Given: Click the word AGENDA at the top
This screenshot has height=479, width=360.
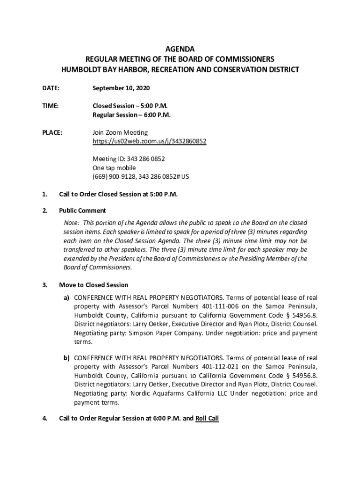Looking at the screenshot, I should pos(180,49).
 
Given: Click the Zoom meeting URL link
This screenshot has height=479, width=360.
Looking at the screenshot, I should pos(149,141).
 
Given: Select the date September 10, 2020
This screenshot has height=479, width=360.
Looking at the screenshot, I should pos(121,88).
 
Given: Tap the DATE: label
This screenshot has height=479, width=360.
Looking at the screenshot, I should pos(51,88).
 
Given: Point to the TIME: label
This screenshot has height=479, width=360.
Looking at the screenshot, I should pos(50,106).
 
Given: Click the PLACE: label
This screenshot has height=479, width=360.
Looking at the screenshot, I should pos(52,133).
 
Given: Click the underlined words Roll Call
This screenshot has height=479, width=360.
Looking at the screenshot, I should pos(207,419).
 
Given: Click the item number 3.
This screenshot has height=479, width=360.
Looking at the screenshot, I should pos(44,285).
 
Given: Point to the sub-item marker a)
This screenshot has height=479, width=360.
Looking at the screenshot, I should pos(67,298).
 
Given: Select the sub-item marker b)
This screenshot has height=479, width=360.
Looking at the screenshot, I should pos(67,358).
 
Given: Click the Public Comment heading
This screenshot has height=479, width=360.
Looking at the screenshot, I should pos(82,210).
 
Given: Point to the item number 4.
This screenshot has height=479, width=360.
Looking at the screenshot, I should pos(44,419).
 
